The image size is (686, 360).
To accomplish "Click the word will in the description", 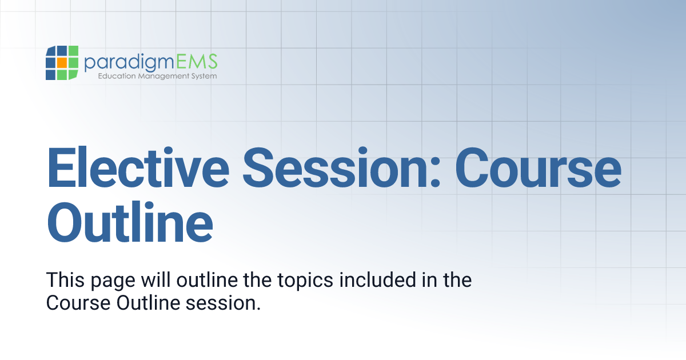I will coord(157,281).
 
